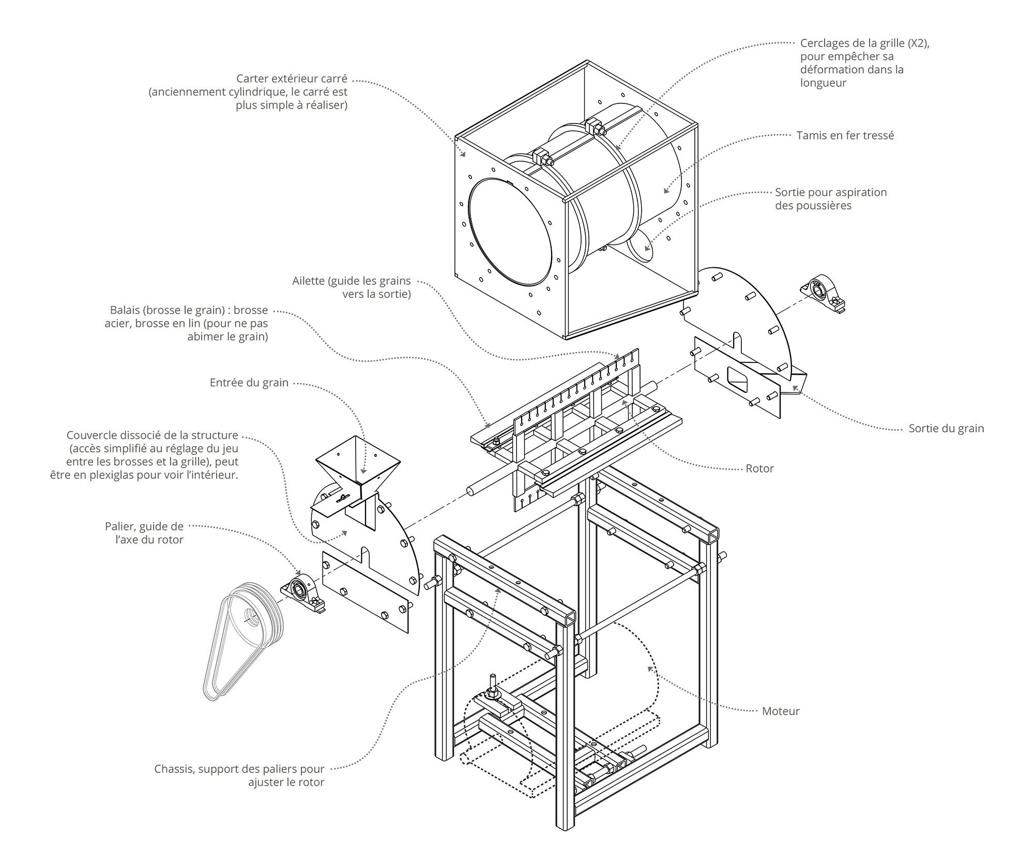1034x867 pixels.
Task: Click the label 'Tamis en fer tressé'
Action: click(845, 135)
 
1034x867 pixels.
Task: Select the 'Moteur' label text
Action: click(781, 711)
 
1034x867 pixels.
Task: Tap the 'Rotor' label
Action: click(759, 468)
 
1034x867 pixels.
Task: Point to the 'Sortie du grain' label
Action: click(946, 428)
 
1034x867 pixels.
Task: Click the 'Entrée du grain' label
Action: click(249, 383)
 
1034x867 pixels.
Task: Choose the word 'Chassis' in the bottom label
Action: click(173, 769)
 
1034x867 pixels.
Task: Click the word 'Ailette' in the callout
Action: click(308, 281)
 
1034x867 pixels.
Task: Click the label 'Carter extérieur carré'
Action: click(292, 79)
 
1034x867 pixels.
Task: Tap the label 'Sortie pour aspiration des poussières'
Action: click(830, 199)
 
